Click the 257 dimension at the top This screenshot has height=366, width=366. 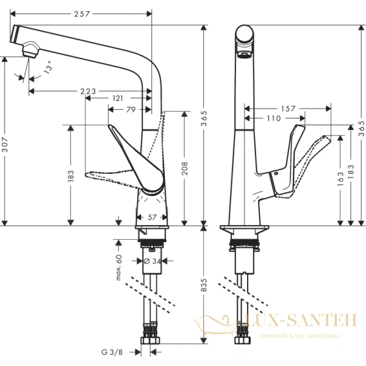[81, 13]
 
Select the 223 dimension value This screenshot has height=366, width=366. [88, 91]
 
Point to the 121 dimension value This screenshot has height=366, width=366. [118, 98]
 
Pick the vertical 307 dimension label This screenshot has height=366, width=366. [5, 143]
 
